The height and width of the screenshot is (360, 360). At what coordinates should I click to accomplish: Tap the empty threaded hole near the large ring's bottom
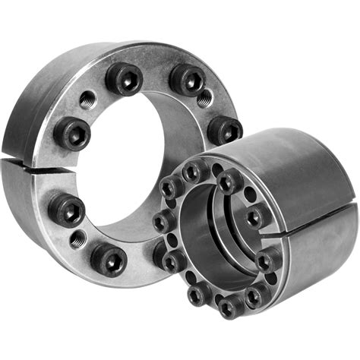[77, 240]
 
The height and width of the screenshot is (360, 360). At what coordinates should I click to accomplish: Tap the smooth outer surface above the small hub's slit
[296, 175]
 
